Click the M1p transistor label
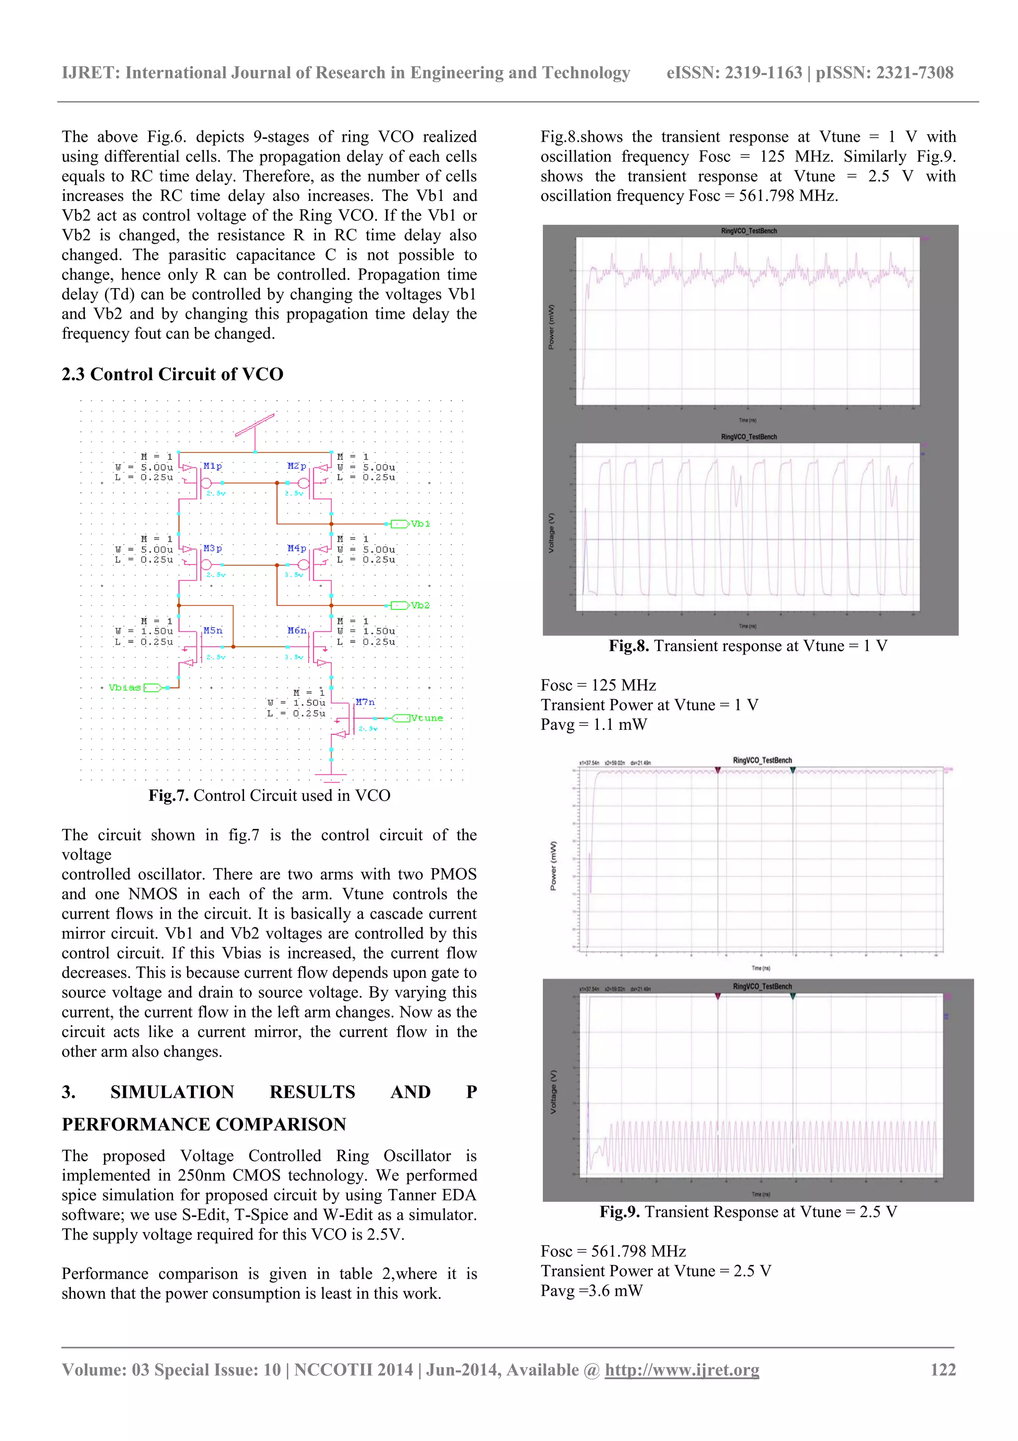point(212,466)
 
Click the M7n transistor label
point(365,702)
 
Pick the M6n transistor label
point(297,630)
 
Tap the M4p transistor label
point(297,548)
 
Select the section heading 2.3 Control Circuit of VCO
point(172,374)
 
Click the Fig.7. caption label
point(168,795)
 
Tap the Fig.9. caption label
point(619,1211)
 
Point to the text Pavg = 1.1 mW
point(594,724)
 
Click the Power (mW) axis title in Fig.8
point(551,327)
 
